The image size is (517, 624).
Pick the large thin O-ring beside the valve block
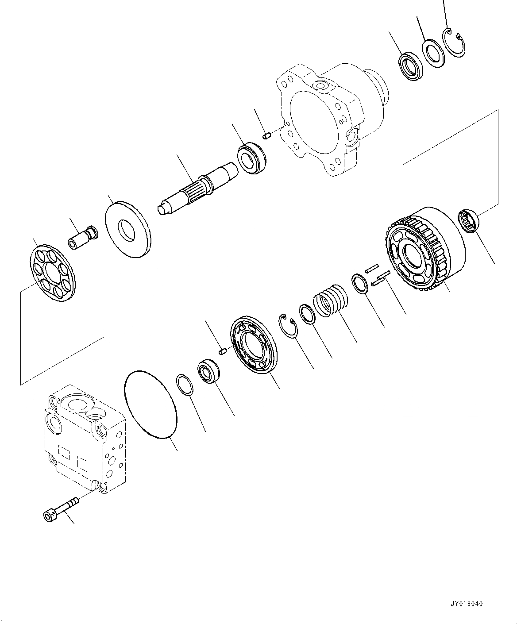point(151,405)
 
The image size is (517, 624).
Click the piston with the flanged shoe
point(83,238)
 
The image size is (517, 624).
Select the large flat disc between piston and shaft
point(128,228)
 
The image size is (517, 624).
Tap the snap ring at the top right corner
point(455,42)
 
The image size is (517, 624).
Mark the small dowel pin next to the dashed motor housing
point(266,135)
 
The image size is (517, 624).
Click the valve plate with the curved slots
point(253,345)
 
